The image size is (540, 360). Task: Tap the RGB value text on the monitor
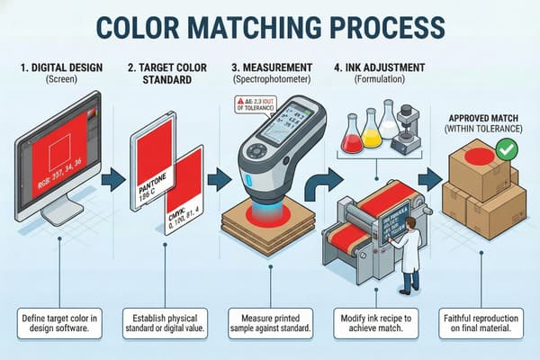point(56,163)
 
